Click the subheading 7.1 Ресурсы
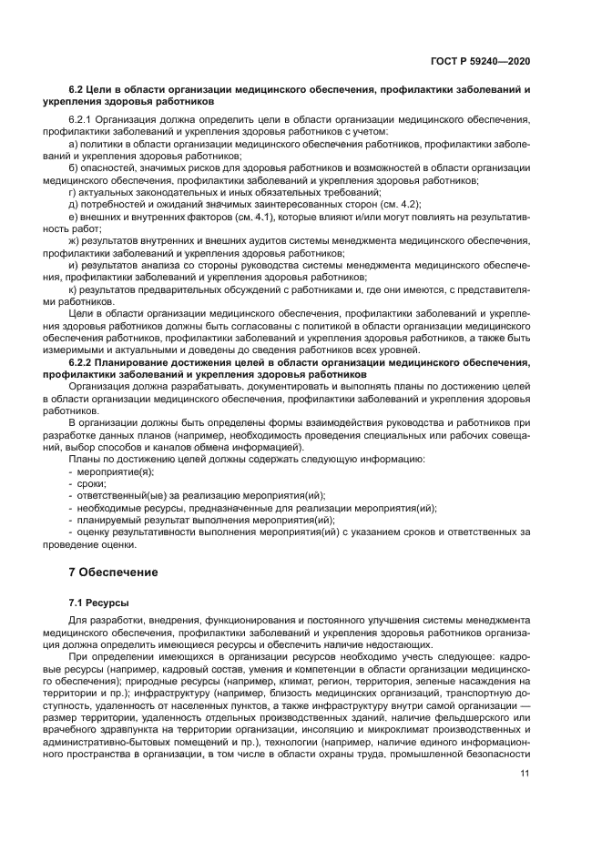click(99, 603)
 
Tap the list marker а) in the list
click(75, 144)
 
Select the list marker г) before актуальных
click(74, 192)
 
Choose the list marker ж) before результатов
click(76, 241)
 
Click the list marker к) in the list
click(74, 289)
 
